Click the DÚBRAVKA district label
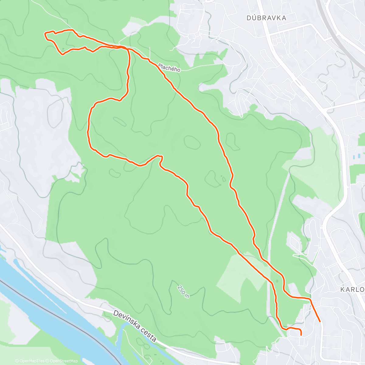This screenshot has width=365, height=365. tap(266, 18)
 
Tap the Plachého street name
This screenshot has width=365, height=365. tap(169, 68)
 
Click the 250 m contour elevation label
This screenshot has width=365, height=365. tap(183, 292)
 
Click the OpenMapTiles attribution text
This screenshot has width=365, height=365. tap(32, 361)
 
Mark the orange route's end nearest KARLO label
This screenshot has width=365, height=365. tap(320, 321)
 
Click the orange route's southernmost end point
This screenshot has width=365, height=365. tap(301, 335)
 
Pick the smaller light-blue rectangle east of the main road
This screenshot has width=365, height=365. tap(360, 155)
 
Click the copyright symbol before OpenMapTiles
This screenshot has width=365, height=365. tap(17, 361)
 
